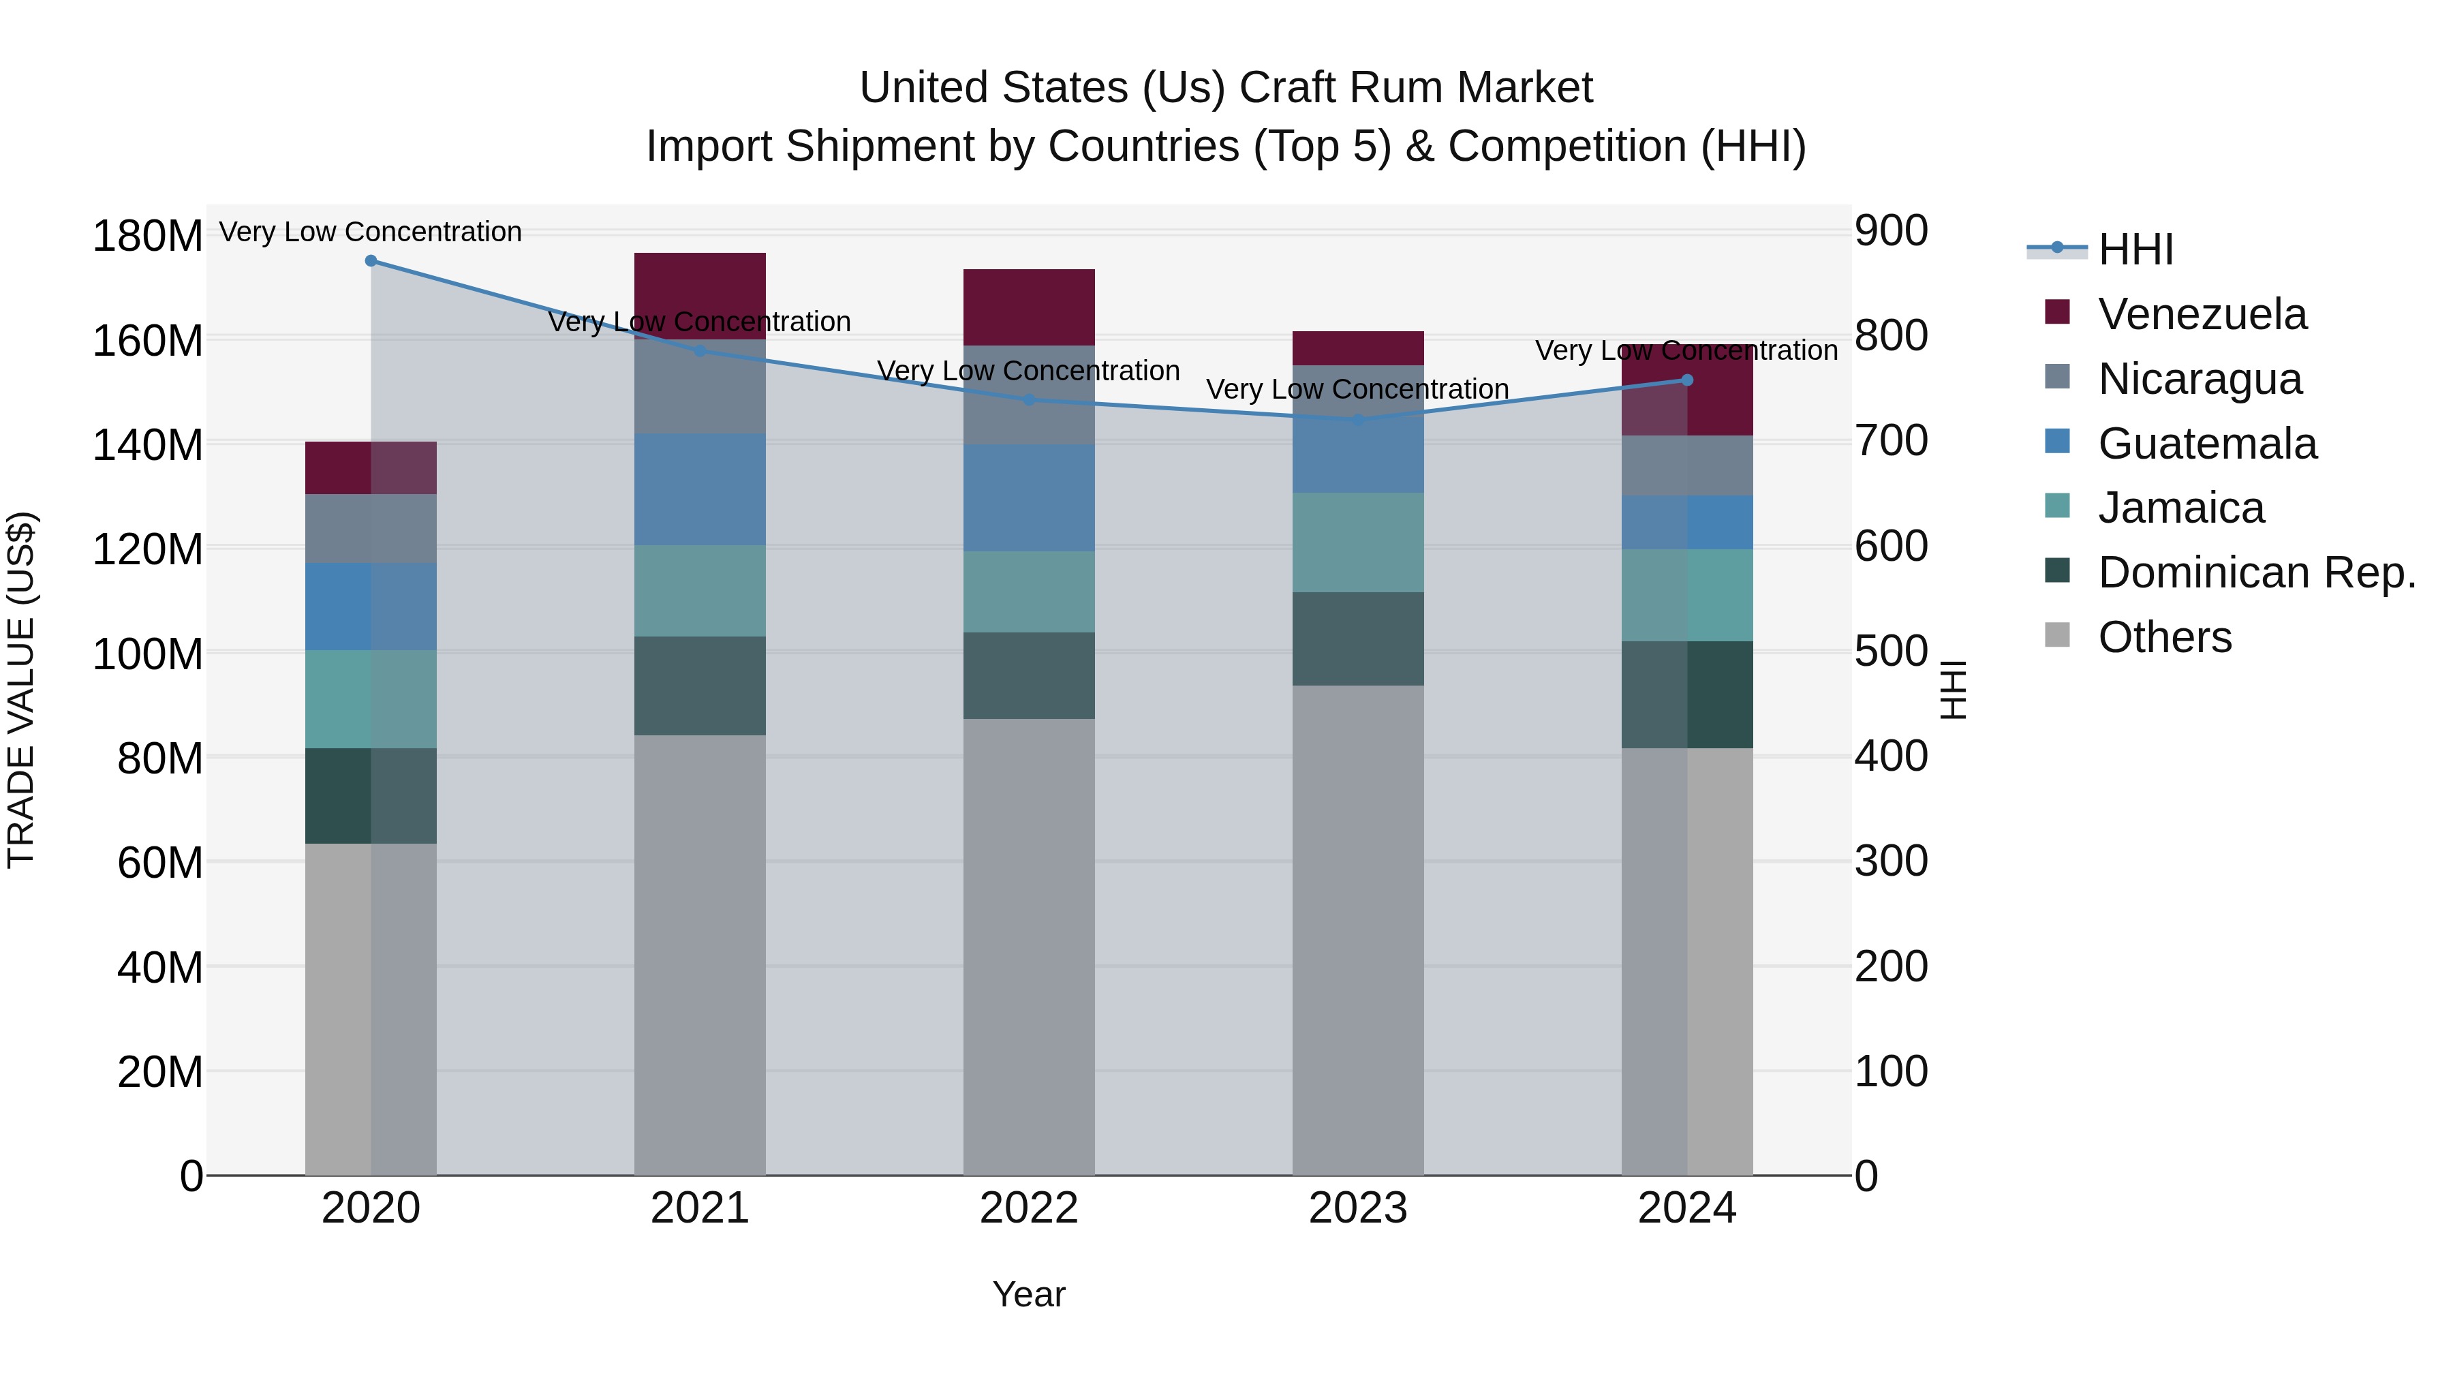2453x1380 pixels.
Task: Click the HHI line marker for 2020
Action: [x=371, y=261]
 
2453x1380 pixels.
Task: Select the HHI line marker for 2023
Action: [x=1358, y=419]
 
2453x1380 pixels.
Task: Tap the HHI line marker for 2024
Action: [x=1686, y=380]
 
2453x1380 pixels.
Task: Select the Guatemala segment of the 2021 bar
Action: [x=700, y=489]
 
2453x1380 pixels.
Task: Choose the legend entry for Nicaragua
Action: [x=2199, y=379]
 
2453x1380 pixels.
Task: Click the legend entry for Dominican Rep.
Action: [x=2256, y=572]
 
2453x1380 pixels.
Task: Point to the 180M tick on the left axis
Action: [x=148, y=235]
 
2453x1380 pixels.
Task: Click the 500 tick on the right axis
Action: [x=1891, y=651]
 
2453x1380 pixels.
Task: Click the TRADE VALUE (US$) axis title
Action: [x=21, y=690]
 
